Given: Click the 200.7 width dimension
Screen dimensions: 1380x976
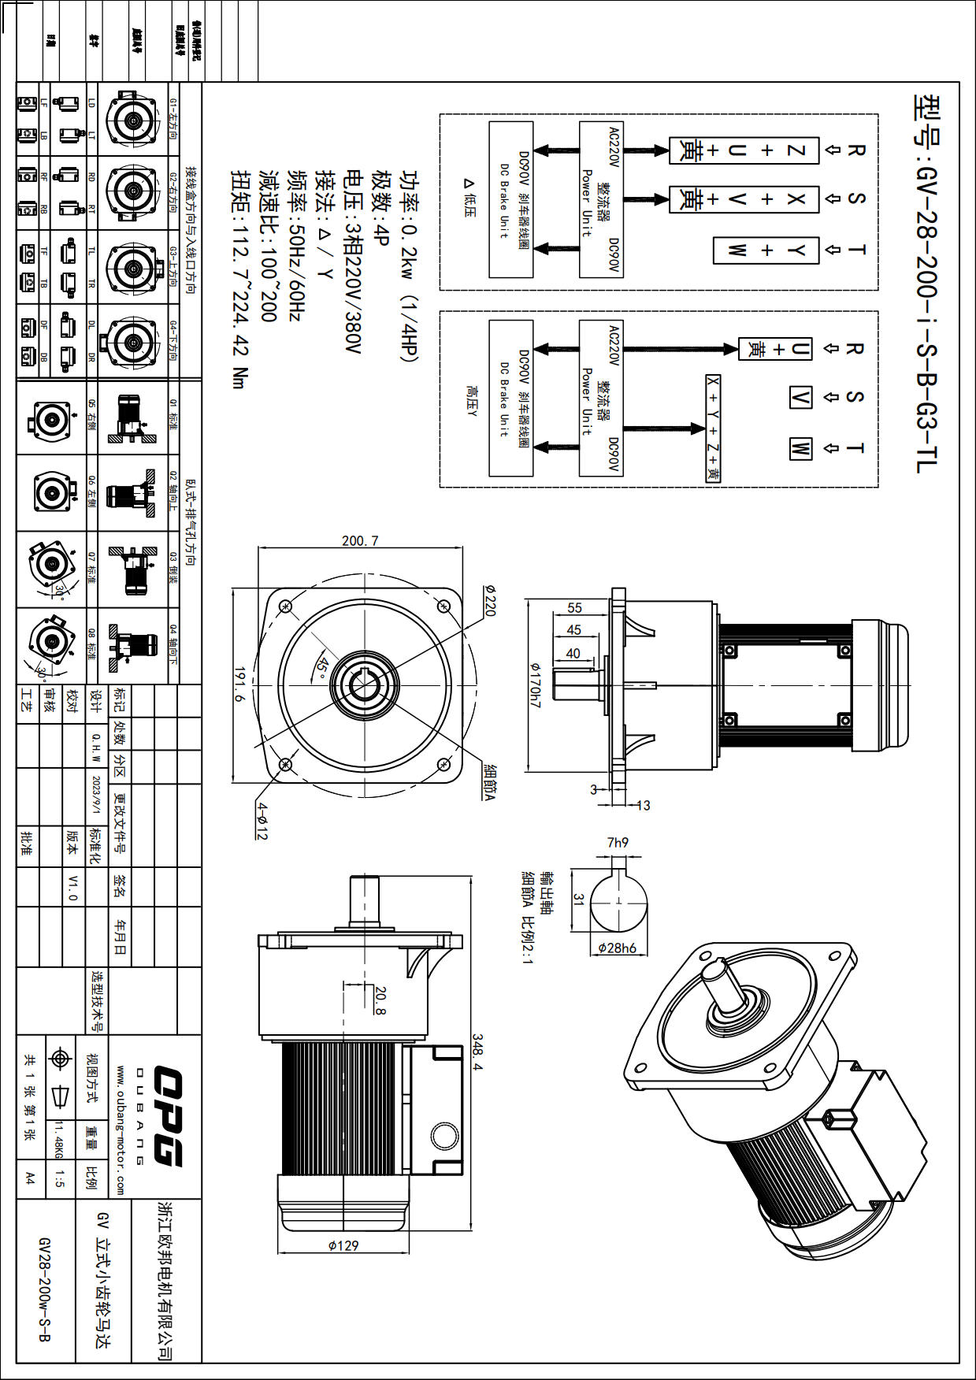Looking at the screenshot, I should tap(360, 541).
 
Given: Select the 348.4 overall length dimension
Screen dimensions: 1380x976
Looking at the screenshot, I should tap(477, 1052).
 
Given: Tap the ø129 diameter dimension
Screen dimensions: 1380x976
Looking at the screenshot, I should tap(343, 1245).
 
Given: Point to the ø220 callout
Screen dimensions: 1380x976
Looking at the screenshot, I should tap(490, 600).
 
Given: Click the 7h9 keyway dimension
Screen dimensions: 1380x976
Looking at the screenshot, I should tap(618, 843).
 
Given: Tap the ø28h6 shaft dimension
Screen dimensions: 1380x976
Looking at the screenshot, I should tap(617, 948).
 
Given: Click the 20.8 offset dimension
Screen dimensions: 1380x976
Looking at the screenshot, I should tap(380, 1000).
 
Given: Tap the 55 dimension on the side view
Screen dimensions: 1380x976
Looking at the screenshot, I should tap(574, 608).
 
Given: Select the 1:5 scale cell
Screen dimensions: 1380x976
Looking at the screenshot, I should tap(60, 1178).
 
